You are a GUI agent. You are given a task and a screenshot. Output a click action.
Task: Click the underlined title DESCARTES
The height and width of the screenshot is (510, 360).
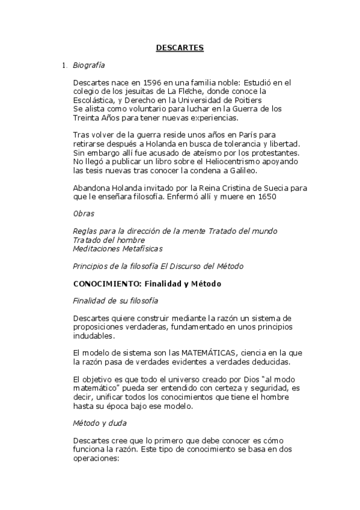[180, 47]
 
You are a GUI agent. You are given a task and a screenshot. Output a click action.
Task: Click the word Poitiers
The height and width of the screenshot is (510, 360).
[247, 100]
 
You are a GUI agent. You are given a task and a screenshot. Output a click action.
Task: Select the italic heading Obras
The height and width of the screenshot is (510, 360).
[83, 214]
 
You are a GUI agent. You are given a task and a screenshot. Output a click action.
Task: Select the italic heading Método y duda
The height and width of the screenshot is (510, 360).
[100, 424]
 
